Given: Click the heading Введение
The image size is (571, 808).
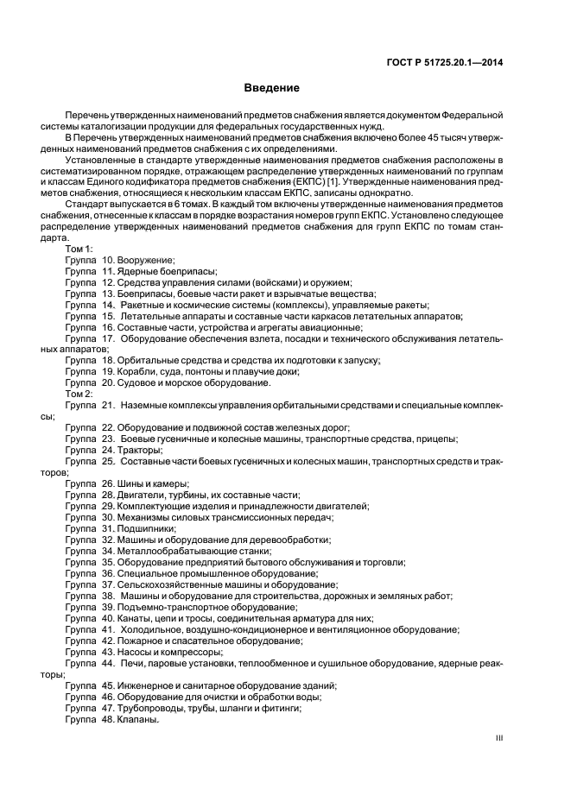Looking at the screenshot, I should pyautogui.click(x=270, y=88).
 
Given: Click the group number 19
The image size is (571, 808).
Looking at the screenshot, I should pyautogui.click(x=108, y=371).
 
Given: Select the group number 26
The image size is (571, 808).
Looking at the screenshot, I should pyautogui.click(x=108, y=483).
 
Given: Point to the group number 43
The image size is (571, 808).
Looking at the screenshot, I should pyautogui.click(x=108, y=652).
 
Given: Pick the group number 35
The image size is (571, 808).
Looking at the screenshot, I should pyautogui.click(x=108, y=562).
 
